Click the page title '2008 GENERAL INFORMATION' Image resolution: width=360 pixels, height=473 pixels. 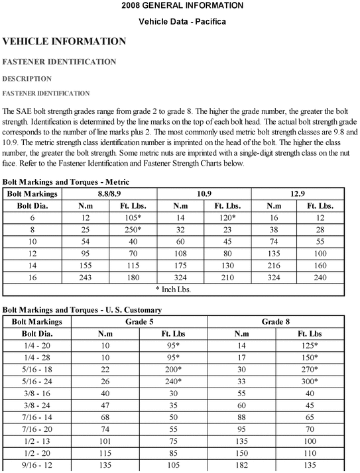pyautogui.click(x=182, y=6)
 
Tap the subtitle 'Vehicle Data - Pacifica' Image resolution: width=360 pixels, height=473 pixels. pyautogui.click(x=182, y=22)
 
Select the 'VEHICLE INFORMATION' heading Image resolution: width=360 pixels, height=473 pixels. pyautogui.click(x=64, y=42)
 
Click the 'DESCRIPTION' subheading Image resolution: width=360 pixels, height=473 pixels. pyautogui.click(x=27, y=79)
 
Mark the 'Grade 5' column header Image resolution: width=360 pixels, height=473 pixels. pyautogui.click(x=139, y=322)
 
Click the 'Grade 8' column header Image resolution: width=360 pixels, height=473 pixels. pyautogui.click(x=276, y=322)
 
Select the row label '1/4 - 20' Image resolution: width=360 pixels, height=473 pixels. pyautogui.click(x=33, y=346)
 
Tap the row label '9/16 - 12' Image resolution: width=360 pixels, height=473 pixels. pyautogui.click(x=33, y=465)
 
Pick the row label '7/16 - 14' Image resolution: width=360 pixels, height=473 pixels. pyautogui.click(x=33, y=417)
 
